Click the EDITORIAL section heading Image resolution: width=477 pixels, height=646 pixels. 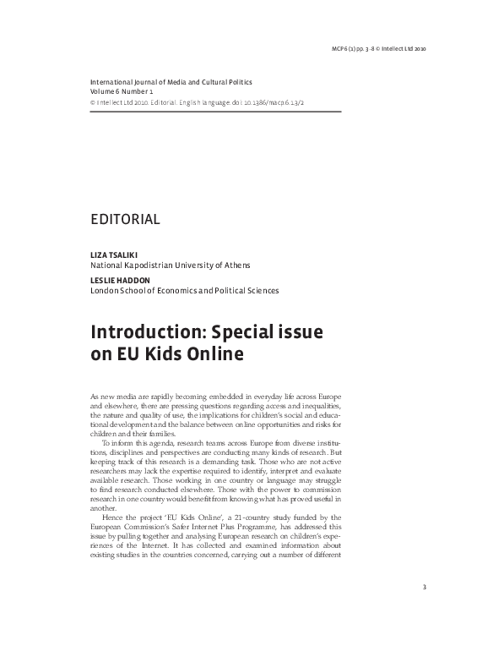(x=125, y=220)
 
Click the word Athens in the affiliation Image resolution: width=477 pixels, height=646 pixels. (x=236, y=265)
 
